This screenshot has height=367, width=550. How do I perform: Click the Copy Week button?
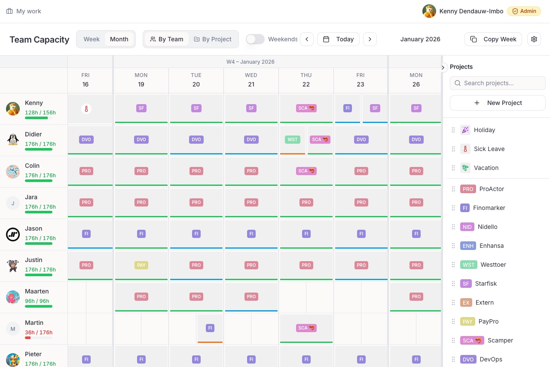point(493,39)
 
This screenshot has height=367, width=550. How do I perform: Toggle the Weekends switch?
point(255,39)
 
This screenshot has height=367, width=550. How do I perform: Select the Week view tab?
point(92,39)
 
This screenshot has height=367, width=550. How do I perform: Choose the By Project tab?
point(212,39)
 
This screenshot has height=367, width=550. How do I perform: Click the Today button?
point(339,39)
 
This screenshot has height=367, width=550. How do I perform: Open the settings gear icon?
point(534,39)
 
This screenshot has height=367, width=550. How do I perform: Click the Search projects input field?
point(498,83)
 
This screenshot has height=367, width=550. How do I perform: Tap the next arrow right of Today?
point(370,39)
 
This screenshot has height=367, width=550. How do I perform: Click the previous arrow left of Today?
point(307,39)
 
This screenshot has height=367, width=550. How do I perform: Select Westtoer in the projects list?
point(493,265)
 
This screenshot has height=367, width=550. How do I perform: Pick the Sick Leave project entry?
point(489,149)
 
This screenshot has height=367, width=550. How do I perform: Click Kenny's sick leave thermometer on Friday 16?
point(86,109)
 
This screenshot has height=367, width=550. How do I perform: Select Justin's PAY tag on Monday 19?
point(141,265)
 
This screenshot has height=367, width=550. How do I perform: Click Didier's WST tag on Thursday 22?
point(293,139)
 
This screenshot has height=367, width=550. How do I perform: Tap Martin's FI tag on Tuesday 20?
point(210,328)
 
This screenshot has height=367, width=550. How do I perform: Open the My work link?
point(24,11)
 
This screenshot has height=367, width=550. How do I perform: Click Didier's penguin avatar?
point(13,140)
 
